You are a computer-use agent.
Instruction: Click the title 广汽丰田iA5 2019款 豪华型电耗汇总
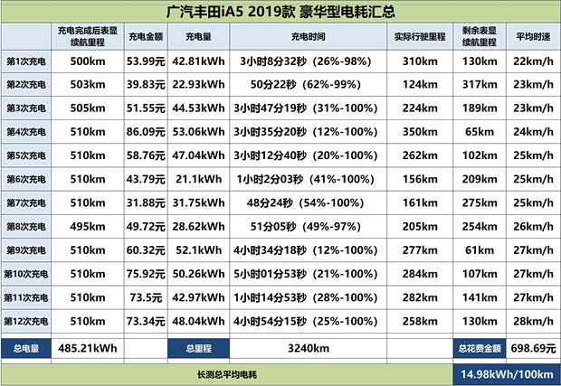click(x=280, y=12)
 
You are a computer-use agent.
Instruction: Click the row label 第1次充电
click(x=26, y=61)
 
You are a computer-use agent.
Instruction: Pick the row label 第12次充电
click(x=26, y=320)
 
